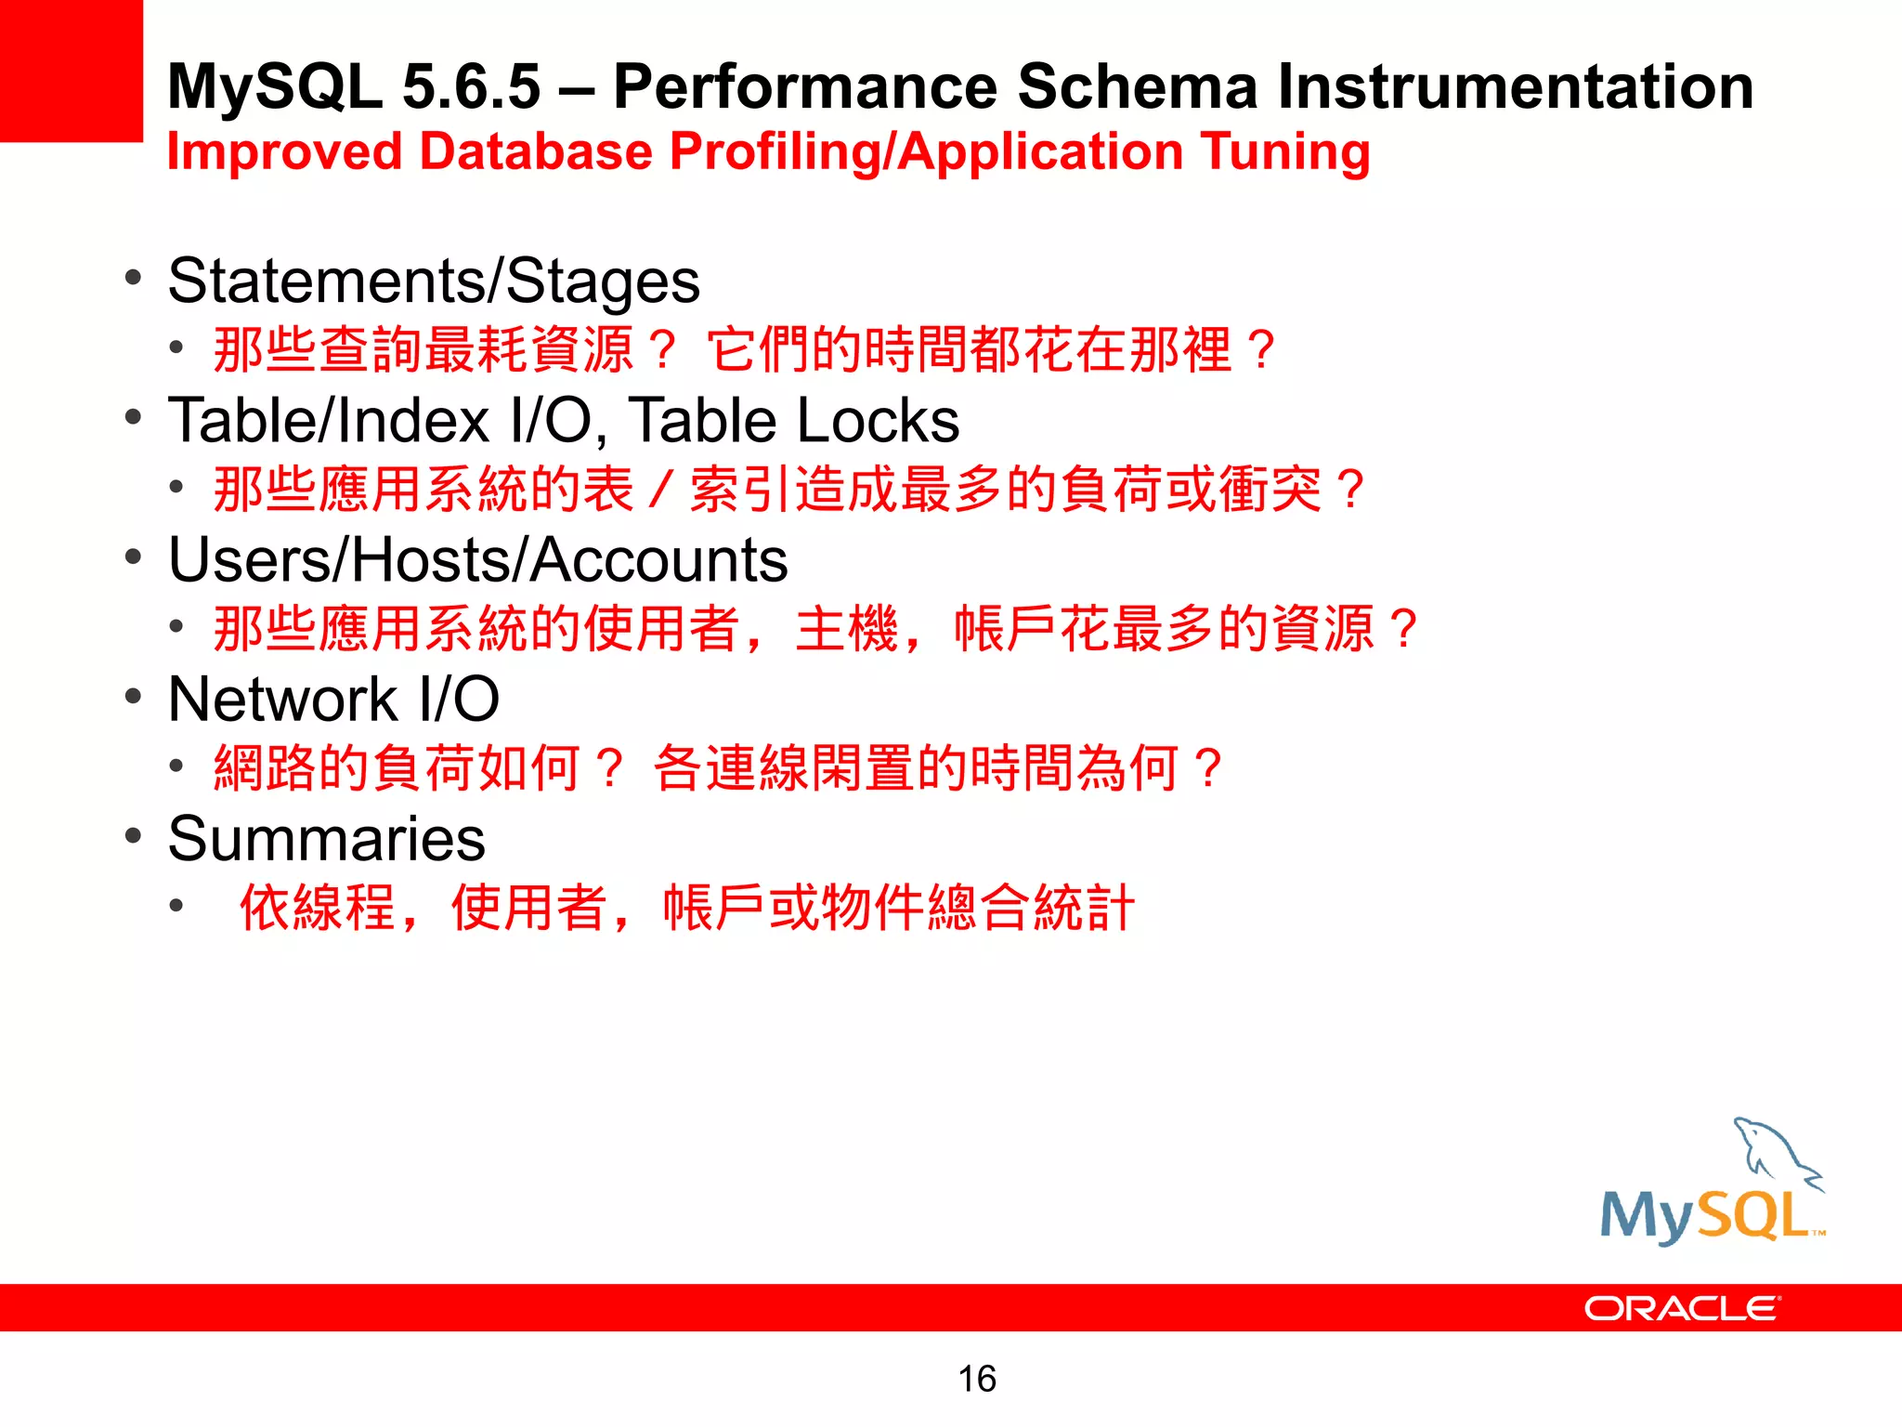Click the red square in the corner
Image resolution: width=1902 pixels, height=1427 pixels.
pos(71,71)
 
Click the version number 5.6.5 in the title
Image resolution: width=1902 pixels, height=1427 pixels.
pos(471,86)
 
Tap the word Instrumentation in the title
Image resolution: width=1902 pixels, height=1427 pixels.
pos(1515,86)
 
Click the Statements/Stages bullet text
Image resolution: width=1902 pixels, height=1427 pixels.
pos(434,281)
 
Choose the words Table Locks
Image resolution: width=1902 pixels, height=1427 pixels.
pos(794,421)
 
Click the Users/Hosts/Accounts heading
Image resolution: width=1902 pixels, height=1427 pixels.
pos(477,560)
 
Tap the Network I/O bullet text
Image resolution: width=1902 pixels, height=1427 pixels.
pos(333,700)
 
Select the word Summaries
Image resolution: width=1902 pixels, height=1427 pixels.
pos(326,839)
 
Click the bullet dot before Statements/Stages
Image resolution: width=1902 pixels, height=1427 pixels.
pos(134,278)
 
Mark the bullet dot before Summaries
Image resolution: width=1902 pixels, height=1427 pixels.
pos(134,835)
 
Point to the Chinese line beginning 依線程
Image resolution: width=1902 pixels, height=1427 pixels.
pos(686,908)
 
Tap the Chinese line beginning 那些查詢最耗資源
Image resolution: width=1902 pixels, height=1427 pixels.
pos(743,350)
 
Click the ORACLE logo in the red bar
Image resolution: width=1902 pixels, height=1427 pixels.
pos(1681,1308)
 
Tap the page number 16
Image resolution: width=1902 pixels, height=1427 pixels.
pos(976,1379)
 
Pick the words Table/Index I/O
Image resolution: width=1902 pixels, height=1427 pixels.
pos(379,421)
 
